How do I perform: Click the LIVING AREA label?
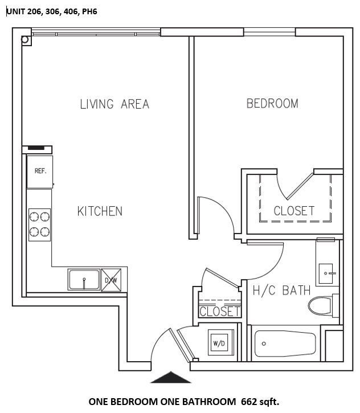[114, 104]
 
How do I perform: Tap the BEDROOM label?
[272, 104]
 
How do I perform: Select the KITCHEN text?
[100, 211]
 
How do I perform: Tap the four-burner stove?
[40, 224]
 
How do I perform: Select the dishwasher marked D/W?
[111, 280]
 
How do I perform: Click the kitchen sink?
[84, 280]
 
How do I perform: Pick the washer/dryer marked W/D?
[219, 344]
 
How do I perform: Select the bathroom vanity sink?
[328, 273]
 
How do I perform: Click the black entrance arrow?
[170, 378]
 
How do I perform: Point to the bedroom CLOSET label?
[294, 211]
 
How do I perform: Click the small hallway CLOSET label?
[220, 312]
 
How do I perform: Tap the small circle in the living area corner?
[25, 40]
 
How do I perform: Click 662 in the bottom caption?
[251, 402]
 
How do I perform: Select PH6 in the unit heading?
[89, 11]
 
